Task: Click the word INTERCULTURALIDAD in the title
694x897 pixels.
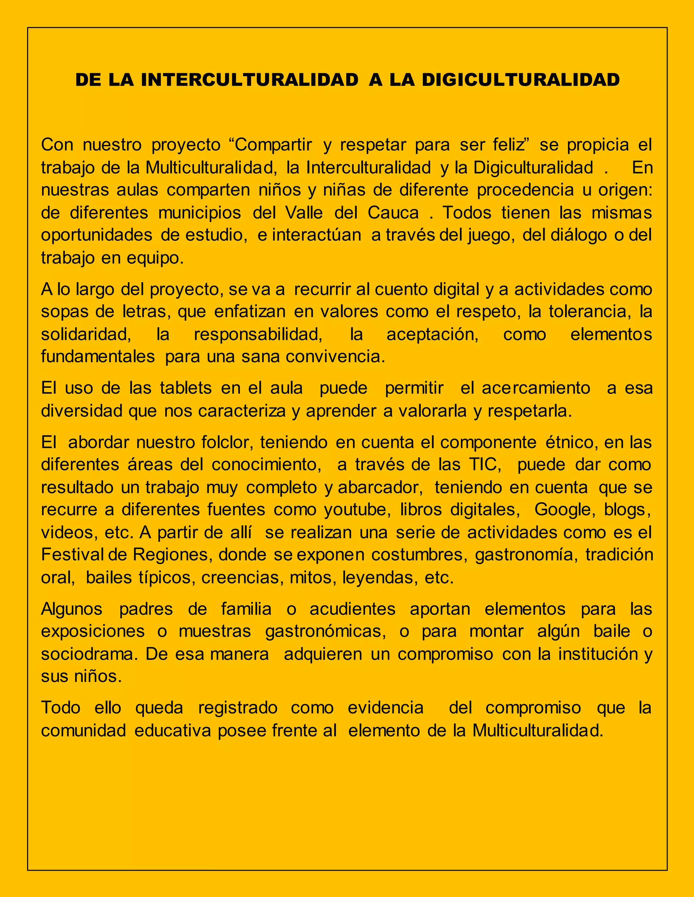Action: coord(249,80)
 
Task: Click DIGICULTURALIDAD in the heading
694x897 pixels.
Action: coord(520,80)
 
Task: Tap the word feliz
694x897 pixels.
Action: coord(510,145)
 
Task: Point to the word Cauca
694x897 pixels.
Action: coord(393,213)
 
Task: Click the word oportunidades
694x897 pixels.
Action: coord(97,235)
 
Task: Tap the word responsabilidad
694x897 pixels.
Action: coord(258,334)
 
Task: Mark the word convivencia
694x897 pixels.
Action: coord(335,356)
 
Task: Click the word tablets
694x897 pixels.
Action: coord(186,388)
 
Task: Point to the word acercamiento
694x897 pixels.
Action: coord(536,388)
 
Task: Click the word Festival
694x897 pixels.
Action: coord(73,555)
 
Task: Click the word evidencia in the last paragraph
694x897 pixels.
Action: coord(386,708)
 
